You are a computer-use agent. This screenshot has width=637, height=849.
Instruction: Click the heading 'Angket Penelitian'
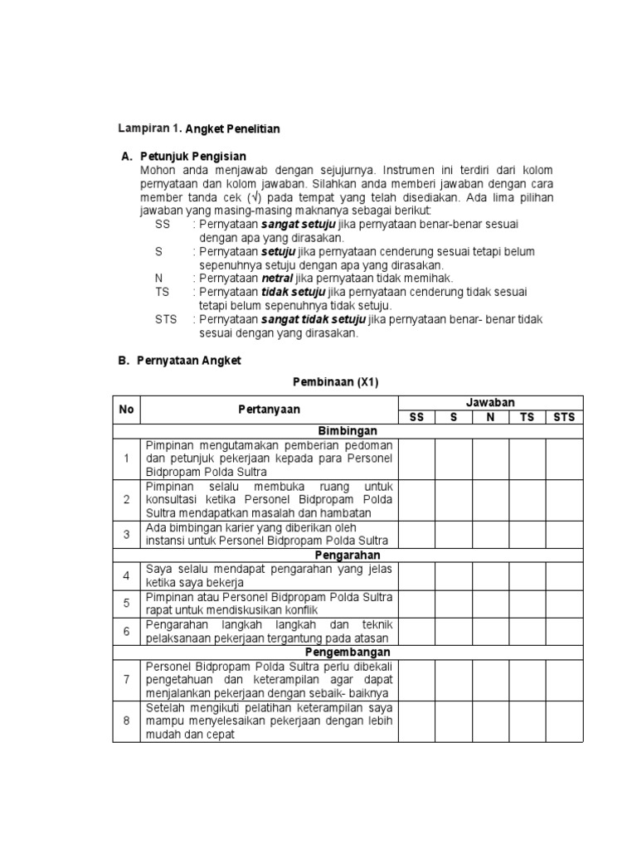(x=233, y=129)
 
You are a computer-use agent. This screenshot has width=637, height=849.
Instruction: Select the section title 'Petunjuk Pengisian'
(x=193, y=157)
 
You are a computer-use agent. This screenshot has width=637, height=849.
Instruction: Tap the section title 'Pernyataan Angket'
(x=191, y=361)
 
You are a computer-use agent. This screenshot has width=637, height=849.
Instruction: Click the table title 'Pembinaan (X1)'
(x=335, y=381)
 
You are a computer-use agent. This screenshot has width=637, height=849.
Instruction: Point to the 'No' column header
(x=126, y=410)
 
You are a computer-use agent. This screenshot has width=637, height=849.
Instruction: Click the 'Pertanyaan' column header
(x=270, y=410)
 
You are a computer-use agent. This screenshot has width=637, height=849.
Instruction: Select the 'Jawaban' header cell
(x=490, y=402)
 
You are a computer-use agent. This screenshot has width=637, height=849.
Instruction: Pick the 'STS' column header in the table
(x=564, y=417)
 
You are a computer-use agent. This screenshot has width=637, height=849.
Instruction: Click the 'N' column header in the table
(x=490, y=417)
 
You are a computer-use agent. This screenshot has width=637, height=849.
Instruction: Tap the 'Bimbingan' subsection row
(x=348, y=431)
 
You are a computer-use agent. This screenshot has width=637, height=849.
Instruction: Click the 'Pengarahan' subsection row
(x=348, y=554)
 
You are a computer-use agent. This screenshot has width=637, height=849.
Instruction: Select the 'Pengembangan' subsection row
(x=348, y=652)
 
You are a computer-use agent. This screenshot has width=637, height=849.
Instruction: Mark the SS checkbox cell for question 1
(x=417, y=459)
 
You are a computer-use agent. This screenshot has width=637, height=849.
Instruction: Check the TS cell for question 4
(x=527, y=575)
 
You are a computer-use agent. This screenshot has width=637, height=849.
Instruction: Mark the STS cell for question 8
(x=564, y=720)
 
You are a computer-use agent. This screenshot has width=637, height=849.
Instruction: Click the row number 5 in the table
(x=127, y=604)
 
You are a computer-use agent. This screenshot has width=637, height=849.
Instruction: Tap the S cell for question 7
(x=454, y=680)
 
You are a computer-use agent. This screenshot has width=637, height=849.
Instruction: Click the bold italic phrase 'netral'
(x=276, y=279)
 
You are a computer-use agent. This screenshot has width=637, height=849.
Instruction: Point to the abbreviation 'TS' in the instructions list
(x=162, y=293)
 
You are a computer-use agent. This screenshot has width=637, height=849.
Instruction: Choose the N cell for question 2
(x=490, y=500)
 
